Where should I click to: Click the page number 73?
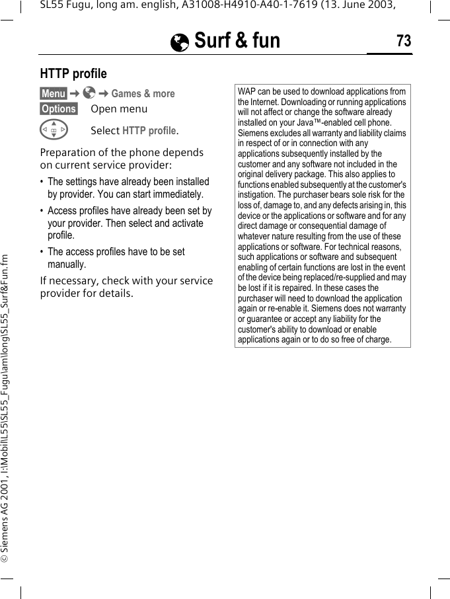coord(403,42)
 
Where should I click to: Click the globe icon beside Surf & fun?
coord(179,43)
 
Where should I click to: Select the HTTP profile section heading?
coord(73,73)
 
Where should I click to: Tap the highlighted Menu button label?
coord(53,94)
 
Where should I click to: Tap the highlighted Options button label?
coord(59,109)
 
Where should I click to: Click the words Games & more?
coord(143,94)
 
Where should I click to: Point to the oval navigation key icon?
coord(54,130)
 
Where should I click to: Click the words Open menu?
coord(119,109)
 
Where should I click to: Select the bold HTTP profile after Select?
coord(149,131)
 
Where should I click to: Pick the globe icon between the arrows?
coord(89,93)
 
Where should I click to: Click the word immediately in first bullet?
coord(176,194)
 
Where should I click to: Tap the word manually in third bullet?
coord(67,264)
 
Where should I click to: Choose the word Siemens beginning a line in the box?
coord(253,134)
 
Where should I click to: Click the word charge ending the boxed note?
coord(377,340)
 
